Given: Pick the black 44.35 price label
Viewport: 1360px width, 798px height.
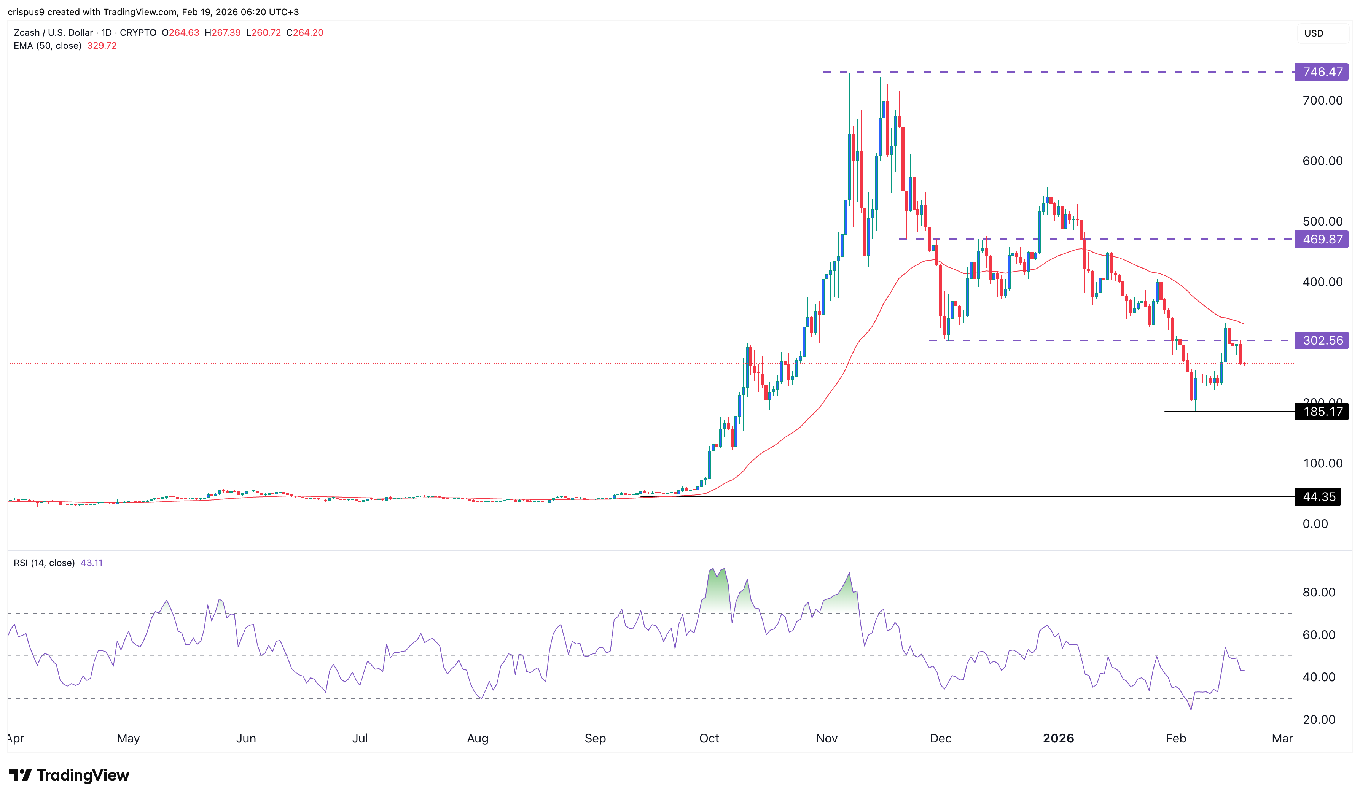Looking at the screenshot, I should pos(1319,497).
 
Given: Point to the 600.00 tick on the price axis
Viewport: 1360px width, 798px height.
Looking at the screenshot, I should pos(1322,161).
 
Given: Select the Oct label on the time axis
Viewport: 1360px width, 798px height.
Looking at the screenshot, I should pos(709,738).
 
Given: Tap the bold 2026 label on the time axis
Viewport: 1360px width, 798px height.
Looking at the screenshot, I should pos(1058,738).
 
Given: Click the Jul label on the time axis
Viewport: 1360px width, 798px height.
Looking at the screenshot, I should pos(360,738).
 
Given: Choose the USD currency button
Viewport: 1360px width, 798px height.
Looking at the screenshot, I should pos(1314,33).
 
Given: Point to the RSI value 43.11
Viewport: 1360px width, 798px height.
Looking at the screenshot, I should pos(91,563).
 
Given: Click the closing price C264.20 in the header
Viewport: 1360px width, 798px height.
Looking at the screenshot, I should pos(304,32).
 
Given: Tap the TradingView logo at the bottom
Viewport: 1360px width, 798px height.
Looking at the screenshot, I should pos(69,775).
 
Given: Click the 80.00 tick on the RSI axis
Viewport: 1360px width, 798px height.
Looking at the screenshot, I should pos(1319,593).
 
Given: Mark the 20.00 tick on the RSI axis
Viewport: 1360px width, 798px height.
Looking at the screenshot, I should pos(1319,720).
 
